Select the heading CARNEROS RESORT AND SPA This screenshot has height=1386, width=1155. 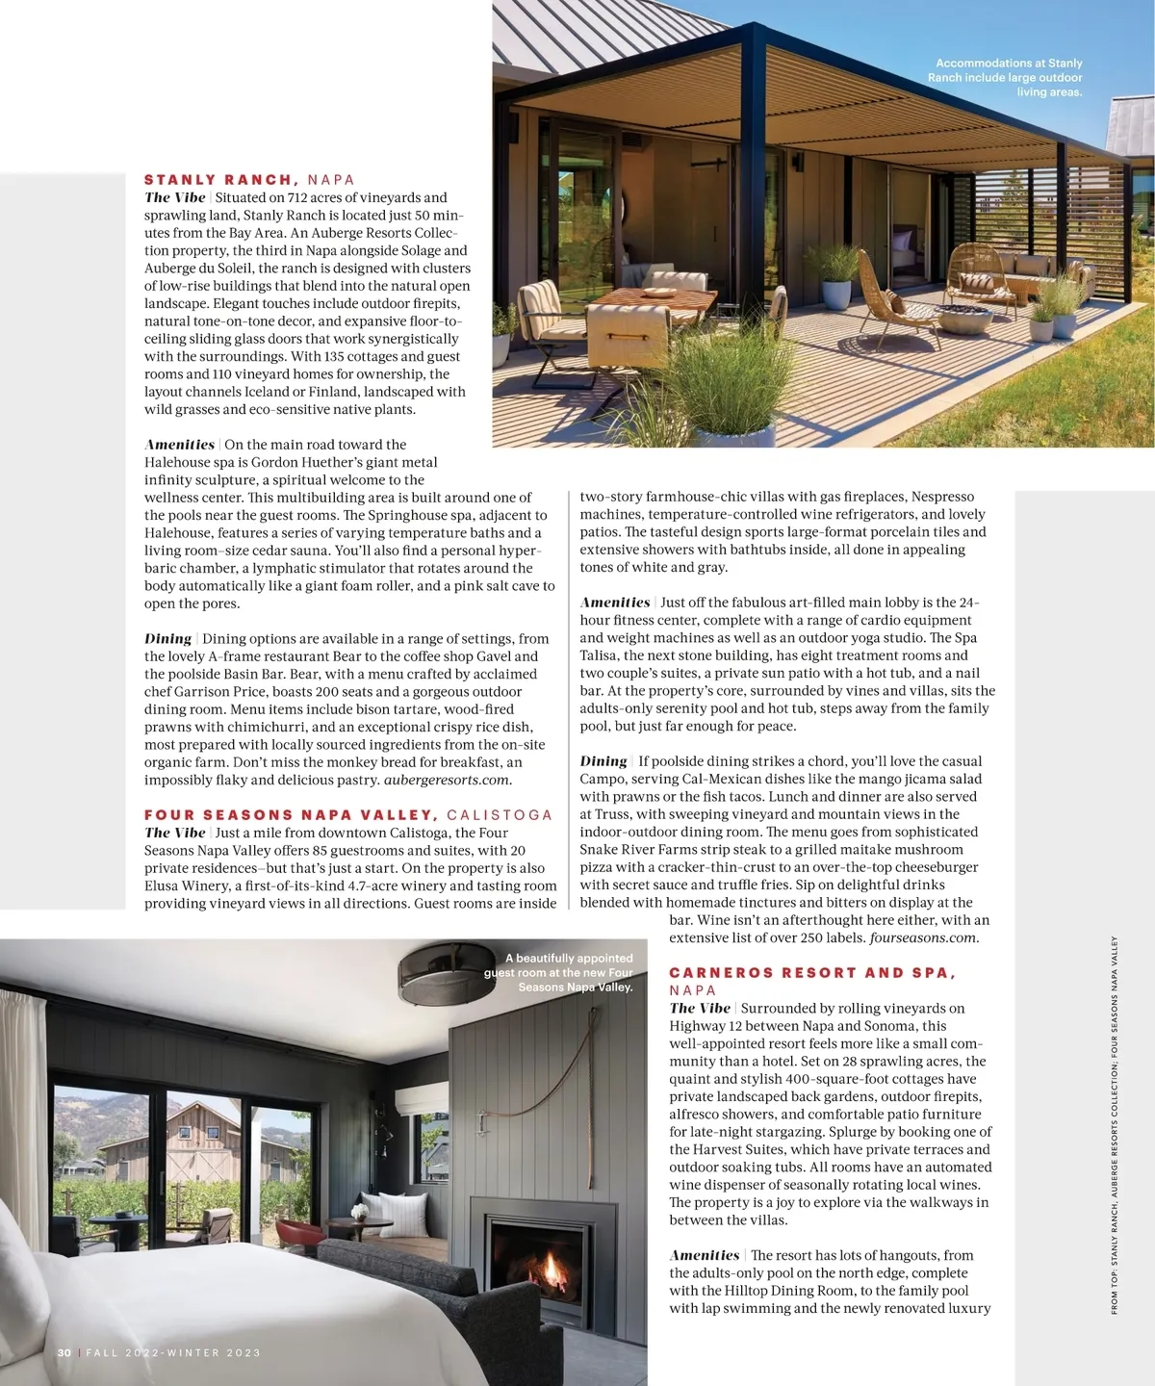tap(811, 973)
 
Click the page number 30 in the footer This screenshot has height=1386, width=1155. tap(64, 1352)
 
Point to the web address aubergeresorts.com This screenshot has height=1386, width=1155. tap(448, 780)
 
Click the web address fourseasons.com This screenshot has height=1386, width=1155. tap(923, 937)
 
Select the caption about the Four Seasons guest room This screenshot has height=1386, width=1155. tap(560, 972)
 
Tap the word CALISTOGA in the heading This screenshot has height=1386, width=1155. tap(500, 815)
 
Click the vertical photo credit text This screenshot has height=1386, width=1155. tap(1115, 1126)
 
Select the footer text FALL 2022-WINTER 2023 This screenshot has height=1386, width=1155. tap(173, 1352)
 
